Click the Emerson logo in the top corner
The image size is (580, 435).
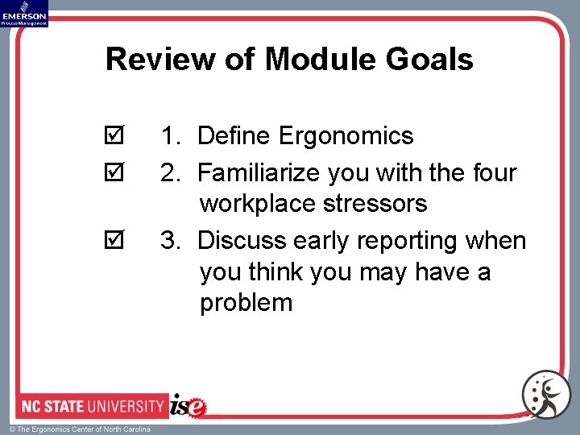24,13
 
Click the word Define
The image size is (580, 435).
234,136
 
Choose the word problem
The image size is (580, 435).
246,303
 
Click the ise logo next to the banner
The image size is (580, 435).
188,405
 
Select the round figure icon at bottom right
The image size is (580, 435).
546,394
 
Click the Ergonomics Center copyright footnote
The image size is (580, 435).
80,429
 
